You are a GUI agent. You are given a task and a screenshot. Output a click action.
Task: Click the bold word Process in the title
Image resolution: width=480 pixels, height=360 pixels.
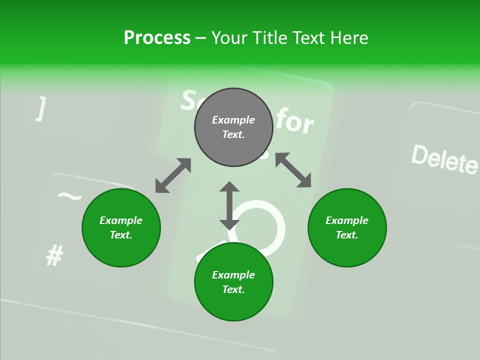(x=157, y=38)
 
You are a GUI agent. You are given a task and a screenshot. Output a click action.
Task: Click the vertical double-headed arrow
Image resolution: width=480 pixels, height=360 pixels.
(x=229, y=205)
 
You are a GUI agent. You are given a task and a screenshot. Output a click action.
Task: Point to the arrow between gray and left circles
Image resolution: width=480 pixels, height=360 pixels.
(x=173, y=175)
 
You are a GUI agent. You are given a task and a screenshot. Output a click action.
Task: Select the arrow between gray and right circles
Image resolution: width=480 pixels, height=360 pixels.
(x=293, y=170)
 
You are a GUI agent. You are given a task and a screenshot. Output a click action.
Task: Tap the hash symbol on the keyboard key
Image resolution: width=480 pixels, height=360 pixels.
(x=54, y=256)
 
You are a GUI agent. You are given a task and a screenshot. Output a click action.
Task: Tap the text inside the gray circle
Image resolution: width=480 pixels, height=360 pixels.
(x=233, y=127)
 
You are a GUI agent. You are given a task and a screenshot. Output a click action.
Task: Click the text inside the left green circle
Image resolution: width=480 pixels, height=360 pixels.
(x=121, y=227)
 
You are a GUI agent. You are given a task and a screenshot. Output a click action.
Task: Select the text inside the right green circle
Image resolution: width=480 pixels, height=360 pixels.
(x=347, y=227)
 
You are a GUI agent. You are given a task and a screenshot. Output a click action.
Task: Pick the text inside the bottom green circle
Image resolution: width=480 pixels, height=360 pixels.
(x=233, y=282)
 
